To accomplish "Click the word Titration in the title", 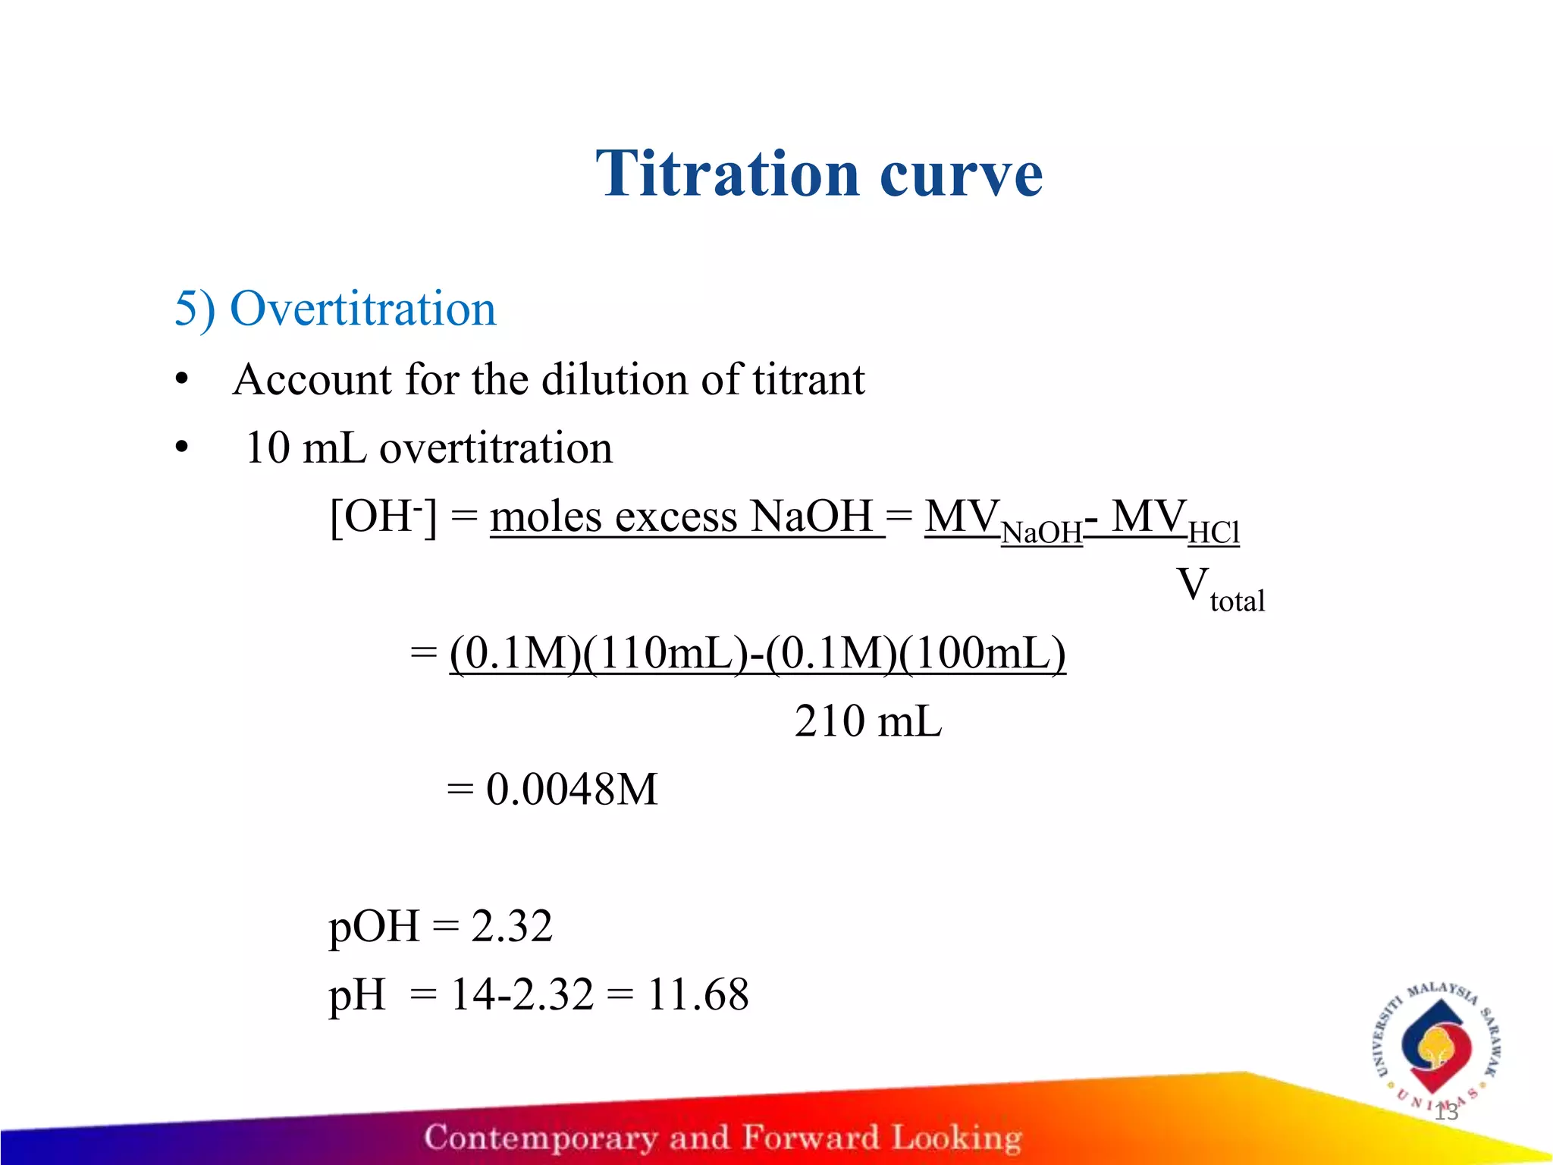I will click(726, 174).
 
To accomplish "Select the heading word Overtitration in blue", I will click(362, 309).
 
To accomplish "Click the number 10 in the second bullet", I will click(268, 447).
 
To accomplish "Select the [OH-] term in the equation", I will click(383, 517).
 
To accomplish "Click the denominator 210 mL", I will click(867, 721).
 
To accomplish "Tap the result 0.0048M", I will click(571, 790).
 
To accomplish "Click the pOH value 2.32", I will click(512, 926).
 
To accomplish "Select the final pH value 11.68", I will click(698, 994).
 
